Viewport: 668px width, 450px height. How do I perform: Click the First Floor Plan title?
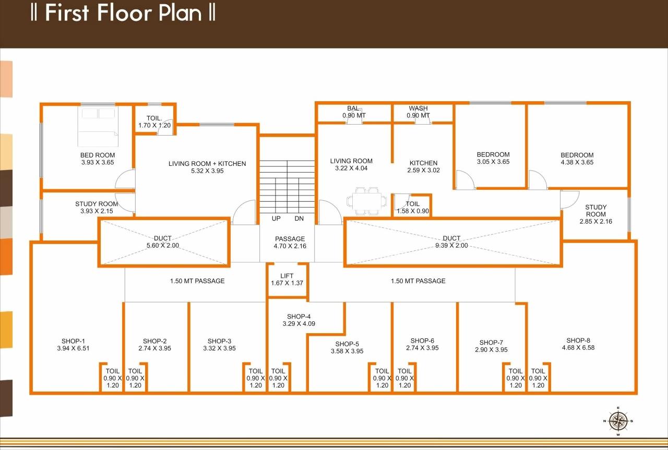(x=123, y=13)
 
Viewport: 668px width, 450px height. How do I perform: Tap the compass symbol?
(x=618, y=420)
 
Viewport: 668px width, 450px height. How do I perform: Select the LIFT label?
(x=287, y=276)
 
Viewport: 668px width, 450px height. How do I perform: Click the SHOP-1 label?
(x=73, y=341)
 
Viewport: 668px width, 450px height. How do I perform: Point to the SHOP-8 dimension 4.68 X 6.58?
(x=578, y=348)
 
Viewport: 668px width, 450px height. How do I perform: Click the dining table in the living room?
(x=367, y=201)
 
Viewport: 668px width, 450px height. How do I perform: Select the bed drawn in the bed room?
(x=98, y=127)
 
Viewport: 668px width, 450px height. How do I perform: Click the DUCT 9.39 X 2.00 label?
(x=452, y=242)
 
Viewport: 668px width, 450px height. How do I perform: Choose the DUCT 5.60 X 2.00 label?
(x=163, y=242)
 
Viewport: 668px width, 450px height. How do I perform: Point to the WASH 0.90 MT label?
(x=419, y=112)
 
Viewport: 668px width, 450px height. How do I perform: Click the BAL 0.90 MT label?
(x=353, y=112)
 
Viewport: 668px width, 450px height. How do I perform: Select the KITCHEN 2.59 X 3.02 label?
(x=423, y=166)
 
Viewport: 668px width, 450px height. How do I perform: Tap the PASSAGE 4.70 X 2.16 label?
(x=290, y=242)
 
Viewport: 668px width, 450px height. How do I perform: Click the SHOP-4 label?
(x=299, y=317)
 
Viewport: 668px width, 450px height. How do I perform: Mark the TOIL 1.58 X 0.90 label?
(x=412, y=208)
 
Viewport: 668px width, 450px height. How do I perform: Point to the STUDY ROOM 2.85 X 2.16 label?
(x=595, y=214)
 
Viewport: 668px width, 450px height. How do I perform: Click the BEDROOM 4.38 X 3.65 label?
(x=577, y=159)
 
